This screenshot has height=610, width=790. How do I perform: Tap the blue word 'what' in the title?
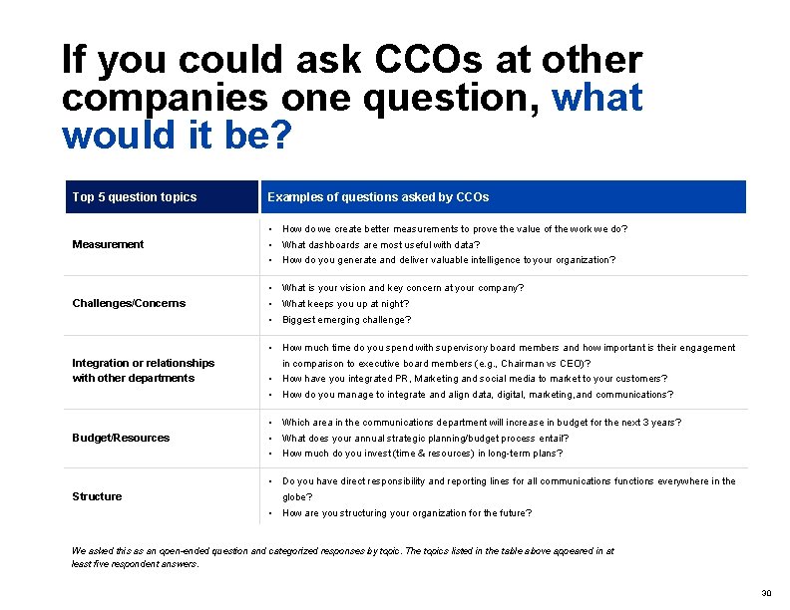point(596,98)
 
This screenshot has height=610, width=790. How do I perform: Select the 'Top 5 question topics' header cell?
point(135,197)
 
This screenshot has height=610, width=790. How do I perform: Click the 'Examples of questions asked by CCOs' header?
point(378,197)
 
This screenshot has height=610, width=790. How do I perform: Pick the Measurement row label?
point(108,244)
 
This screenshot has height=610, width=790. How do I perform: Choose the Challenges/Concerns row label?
point(129,303)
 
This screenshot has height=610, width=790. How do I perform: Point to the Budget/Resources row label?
point(121,438)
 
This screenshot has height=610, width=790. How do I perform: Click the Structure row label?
point(97,496)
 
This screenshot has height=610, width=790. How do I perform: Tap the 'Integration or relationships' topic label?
point(143,363)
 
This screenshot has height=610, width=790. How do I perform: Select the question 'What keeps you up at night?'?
point(345,304)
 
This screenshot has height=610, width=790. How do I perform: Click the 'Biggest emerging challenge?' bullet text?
point(346,320)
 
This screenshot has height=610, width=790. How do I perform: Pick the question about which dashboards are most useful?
point(381,245)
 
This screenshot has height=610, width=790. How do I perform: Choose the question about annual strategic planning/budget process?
point(425,439)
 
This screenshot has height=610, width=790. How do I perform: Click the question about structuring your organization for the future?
point(407,513)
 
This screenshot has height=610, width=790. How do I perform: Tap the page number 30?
point(766,593)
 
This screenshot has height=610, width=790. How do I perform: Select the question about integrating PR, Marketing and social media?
point(475,379)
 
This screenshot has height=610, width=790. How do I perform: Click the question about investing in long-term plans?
point(422,454)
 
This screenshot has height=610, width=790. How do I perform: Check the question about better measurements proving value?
point(455,229)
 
